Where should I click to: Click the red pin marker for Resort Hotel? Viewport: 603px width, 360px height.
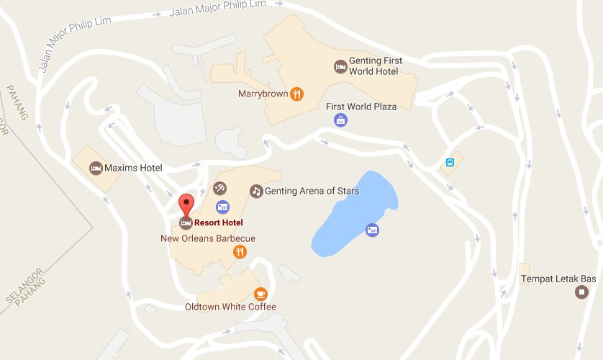pos(186,202)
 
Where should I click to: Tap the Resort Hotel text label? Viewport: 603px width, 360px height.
pos(218,223)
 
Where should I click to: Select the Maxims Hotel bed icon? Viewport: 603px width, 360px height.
pos(95,168)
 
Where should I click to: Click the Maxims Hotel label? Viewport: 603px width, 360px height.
pos(133,168)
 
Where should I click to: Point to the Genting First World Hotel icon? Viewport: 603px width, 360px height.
pos(339,66)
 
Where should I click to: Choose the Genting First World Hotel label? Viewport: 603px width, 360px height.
pos(375,66)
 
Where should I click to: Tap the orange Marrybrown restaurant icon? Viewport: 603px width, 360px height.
pos(296,94)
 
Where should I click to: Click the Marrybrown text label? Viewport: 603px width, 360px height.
pos(263,94)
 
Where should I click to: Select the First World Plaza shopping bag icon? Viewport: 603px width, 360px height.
pos(340,120)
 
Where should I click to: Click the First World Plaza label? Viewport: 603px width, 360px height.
pos(361,107)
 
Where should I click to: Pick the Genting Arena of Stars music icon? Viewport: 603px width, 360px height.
pos(255,191)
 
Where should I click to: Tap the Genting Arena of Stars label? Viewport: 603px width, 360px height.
pos(312,191)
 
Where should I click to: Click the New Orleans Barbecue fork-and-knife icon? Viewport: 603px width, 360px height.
pos(240,252)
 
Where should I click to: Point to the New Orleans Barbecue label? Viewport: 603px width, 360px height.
pos(208,238)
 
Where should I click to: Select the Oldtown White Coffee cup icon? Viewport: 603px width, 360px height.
pos(260,293)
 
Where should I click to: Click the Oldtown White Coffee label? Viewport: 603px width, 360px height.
pos(230,307)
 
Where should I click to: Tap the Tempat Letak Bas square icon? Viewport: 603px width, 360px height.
pos(581,292)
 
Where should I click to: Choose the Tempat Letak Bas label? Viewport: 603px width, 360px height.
pos(558,278)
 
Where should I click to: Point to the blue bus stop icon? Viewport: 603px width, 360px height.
pos(450,163)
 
